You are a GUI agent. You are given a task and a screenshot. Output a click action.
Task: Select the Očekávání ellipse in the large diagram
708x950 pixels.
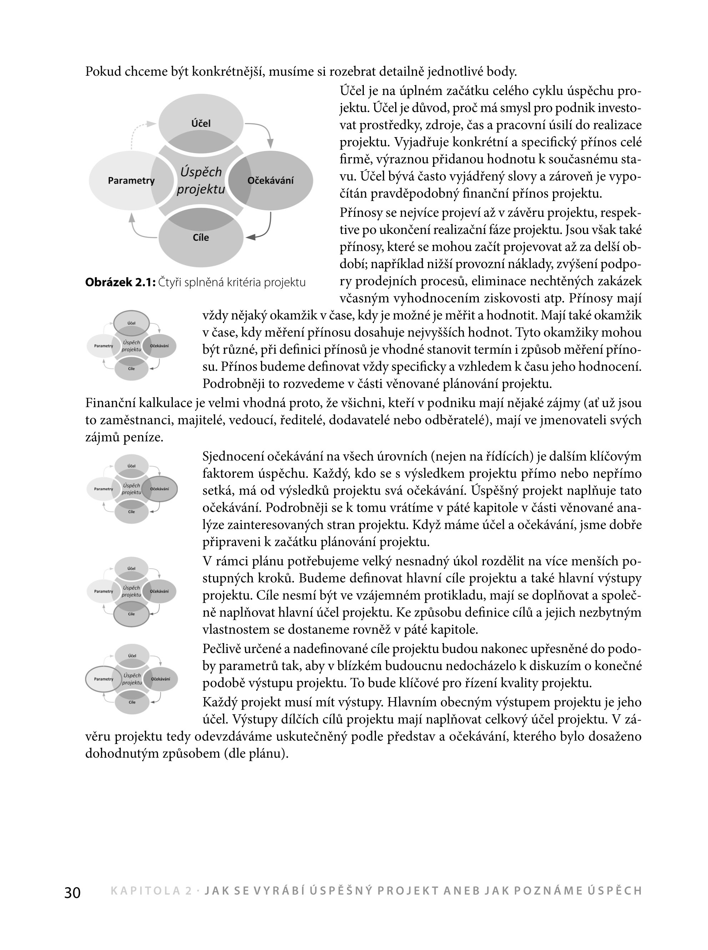271,180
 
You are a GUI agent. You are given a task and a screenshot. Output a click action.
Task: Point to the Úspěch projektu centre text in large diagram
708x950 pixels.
201,180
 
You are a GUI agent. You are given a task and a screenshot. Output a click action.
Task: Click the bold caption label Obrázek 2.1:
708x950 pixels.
120,282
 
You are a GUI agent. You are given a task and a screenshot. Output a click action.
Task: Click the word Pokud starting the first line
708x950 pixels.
103,71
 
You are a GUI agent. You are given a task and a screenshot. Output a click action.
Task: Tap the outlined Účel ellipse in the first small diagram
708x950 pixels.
132,323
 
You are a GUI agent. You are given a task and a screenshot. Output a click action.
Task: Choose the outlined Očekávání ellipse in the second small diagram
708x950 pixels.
160,489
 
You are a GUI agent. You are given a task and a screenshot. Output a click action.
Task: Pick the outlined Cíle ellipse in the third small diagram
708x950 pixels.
132,614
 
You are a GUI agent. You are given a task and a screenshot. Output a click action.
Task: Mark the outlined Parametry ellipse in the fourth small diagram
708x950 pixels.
104,679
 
